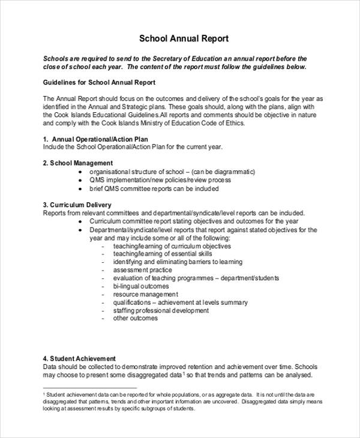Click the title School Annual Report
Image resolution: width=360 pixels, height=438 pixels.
(184, 39)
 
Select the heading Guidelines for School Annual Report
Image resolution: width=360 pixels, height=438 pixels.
(100, 82)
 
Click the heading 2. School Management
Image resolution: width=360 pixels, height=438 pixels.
(77, 163)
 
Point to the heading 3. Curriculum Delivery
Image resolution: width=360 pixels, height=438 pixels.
(77, 205)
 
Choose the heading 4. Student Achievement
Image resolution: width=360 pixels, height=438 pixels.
(79, 358)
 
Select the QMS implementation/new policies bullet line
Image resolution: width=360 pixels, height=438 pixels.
(160, 180)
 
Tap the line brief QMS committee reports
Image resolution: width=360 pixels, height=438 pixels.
(154, 188)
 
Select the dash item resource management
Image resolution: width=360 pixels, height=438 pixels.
(145, 295)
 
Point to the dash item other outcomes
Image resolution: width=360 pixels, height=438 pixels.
(136, 319)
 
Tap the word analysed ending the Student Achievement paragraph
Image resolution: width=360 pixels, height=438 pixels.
(294, 375)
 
